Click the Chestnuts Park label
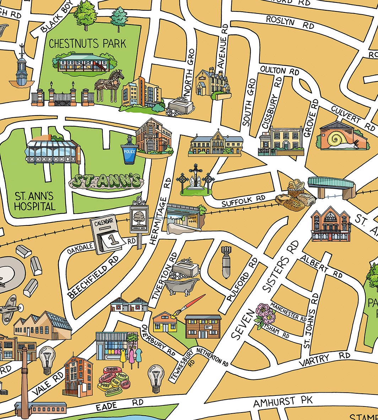87,44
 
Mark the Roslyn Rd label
290,22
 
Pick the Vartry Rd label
324,359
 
